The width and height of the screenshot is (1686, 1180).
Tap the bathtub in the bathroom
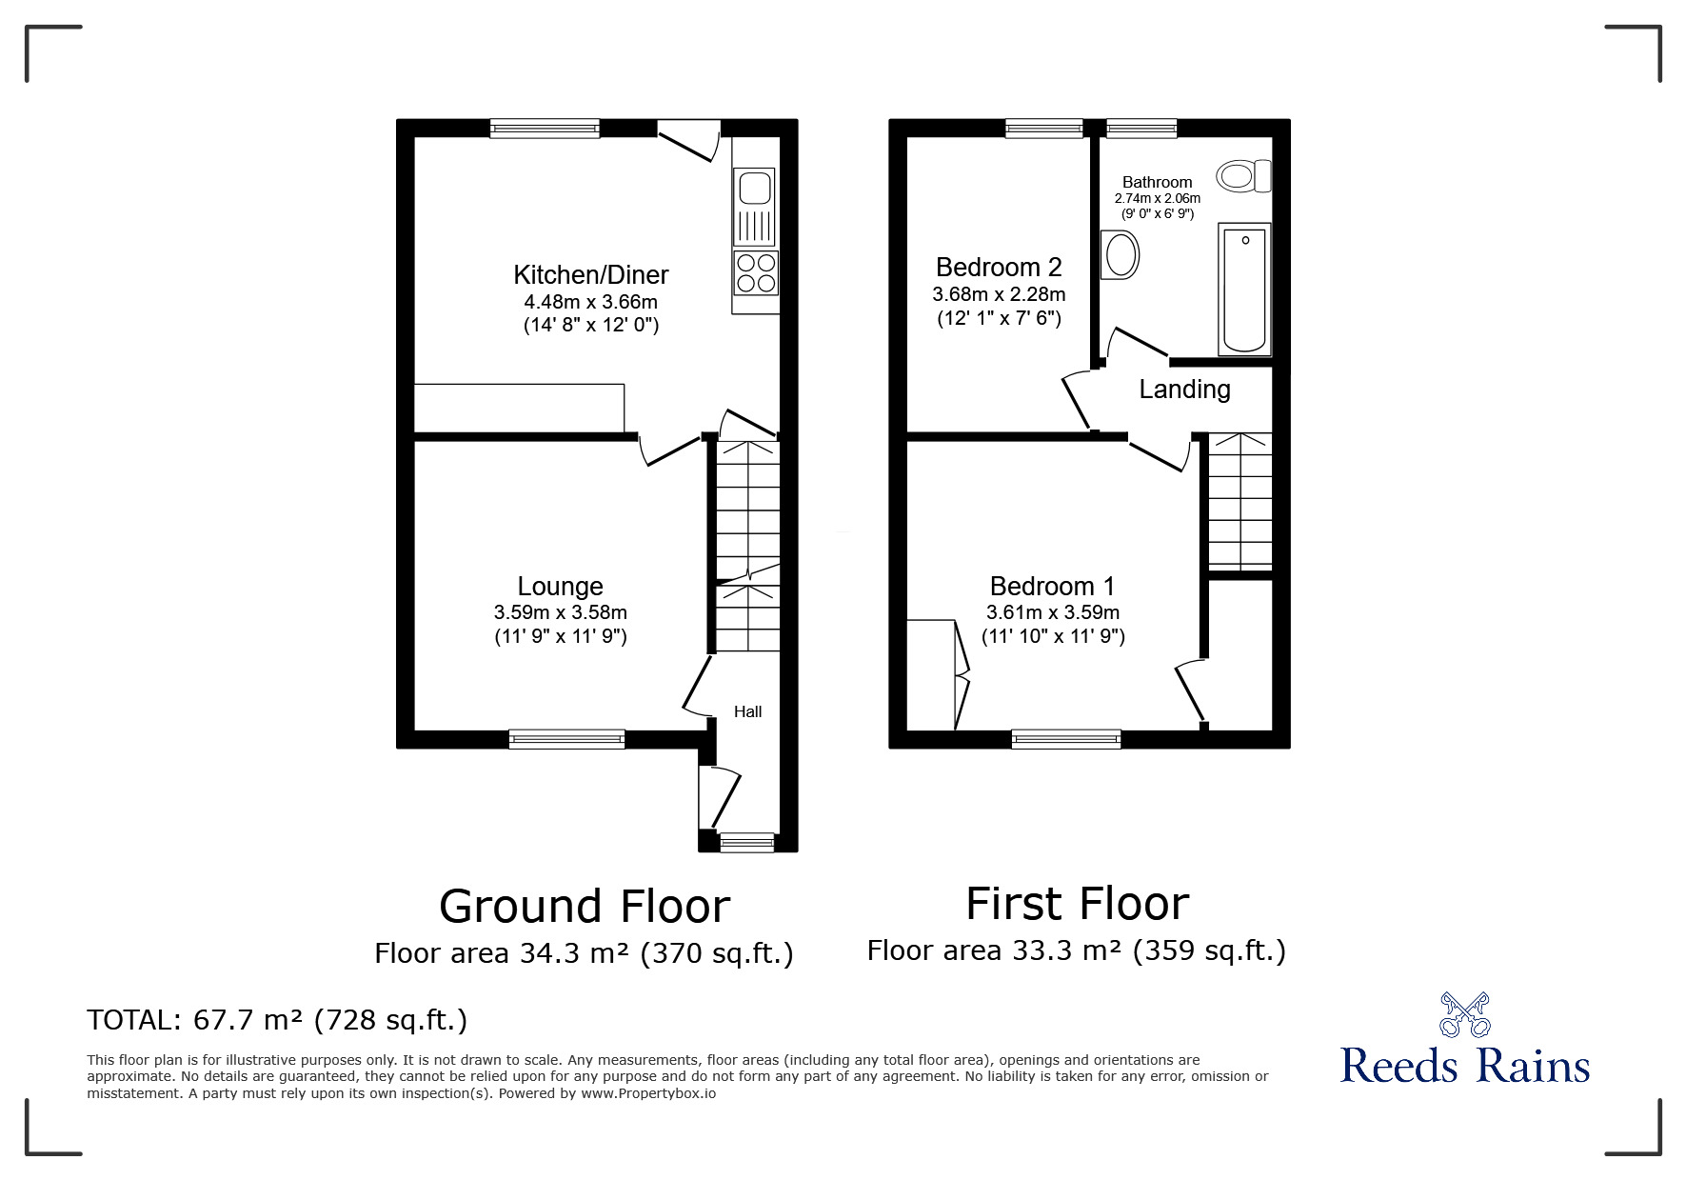[x=1244, y=289]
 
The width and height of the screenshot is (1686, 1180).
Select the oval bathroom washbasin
[x=1120, y=255]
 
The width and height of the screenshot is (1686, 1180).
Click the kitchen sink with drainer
[x=755, y=207]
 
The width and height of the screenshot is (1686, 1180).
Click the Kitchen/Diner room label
[x=591, y=275]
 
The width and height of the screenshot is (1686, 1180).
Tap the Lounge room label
[x=561, y=586]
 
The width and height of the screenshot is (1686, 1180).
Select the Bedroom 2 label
[x=999, y=267]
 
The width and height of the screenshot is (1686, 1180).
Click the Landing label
[x=1185, y=389]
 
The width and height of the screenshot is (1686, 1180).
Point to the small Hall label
[x=748, y=711]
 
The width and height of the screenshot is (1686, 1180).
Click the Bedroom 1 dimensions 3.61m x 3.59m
[x=1053, y=612]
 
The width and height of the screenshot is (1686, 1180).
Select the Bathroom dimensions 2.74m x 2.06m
[x=1158, y=198]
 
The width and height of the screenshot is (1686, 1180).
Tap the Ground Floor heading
[x=585, y=906]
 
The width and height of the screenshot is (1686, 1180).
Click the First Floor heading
[x=1078, y=904]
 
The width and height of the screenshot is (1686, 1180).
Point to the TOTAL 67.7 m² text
[x=277, y=1020]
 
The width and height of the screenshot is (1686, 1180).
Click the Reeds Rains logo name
[x=1465, y=1065]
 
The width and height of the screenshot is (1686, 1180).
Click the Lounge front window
[x=567, y=739]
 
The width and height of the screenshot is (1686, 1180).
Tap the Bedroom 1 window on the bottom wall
[x=1066, y=739]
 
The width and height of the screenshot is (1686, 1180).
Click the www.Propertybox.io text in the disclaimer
[x=647, y=1093]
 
